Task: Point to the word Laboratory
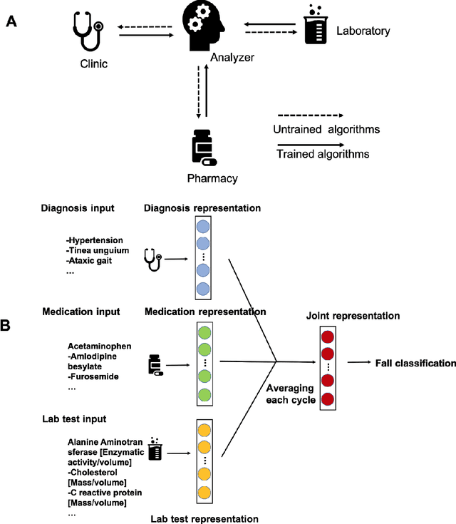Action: [363, 31]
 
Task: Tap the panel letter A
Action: [11, 21]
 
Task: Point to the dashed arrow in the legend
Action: [309, 114]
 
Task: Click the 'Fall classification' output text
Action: [415, 364]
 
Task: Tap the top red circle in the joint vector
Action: [327, 338]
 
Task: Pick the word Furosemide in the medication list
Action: [94, 376]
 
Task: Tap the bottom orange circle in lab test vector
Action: [204, 491]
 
